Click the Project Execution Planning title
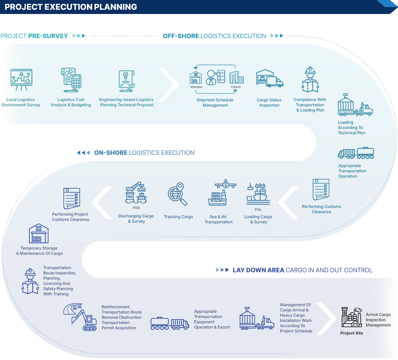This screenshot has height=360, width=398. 71,7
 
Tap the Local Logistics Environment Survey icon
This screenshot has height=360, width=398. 21,81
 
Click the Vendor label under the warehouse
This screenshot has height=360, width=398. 196,87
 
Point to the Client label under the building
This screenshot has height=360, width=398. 236,87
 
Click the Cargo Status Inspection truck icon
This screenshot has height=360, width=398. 269,78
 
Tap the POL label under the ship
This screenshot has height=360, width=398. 258,210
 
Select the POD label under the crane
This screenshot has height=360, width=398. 136,208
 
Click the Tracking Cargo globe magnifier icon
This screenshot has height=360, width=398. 178,194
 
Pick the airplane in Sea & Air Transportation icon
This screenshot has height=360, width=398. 226,184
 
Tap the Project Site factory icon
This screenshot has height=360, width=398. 352,317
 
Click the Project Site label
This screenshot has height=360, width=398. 352,333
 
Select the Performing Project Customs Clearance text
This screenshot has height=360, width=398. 71,217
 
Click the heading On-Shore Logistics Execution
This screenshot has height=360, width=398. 144,153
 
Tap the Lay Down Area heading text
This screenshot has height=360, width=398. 302,270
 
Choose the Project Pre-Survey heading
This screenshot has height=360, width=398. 34,36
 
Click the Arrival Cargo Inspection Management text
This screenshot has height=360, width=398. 378,320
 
